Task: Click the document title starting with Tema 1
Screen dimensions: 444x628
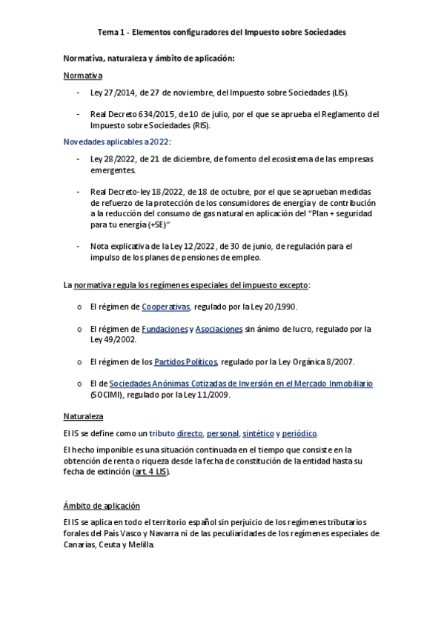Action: pyautogui.click(x=222, y=33)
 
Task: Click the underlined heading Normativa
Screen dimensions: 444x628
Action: pyautogui.click(x=82, y=76)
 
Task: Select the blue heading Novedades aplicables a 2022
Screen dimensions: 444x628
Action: pyautogui.click(x=116, y=141)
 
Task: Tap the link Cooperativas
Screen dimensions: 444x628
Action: pyautogui.click(x=166, y=307)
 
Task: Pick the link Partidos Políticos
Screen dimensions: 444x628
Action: pyautogui.click(x=185, y=361)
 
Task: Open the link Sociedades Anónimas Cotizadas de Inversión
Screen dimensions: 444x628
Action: pyautogui.click(x=240, y=384)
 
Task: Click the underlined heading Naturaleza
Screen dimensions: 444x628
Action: pyautogui.click(x=83, y=416)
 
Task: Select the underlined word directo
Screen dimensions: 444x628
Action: pyautogui.click(x=190, y=432)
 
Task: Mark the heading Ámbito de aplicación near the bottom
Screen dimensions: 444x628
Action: pyautogui.click(x=102, y=506)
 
